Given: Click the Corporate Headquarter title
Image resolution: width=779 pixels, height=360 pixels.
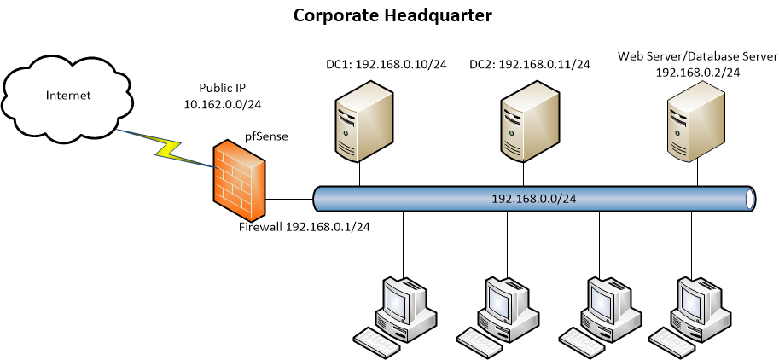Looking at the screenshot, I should (x=392, y=15).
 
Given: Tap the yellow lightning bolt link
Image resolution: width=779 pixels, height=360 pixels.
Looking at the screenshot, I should (x=166, y=146).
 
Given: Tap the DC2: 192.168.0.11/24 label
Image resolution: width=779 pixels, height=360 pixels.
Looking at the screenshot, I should (x=529, y=64).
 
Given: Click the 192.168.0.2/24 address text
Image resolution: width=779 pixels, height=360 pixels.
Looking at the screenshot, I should (x=697, y=73).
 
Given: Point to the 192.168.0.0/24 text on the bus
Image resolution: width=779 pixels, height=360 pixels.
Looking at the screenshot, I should (x=534, y=199).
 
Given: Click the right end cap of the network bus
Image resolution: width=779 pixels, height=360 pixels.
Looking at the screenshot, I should (x=750, y=199).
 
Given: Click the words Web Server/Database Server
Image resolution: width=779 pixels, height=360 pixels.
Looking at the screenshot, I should (x=698, y=57).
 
